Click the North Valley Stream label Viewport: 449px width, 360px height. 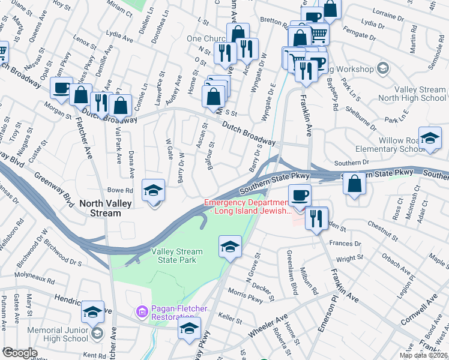coord(104,208)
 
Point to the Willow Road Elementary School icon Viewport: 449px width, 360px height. coord(429,138)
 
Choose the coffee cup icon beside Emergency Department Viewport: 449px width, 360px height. coord(300,195)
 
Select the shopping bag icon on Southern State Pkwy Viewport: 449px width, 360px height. coord(355,184)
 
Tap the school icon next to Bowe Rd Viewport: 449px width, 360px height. coord(153,191)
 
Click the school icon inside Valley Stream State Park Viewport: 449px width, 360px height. coord(230,247)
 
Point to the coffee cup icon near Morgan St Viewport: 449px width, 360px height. coord(61,88)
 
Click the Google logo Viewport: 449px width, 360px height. coord(19,353)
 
